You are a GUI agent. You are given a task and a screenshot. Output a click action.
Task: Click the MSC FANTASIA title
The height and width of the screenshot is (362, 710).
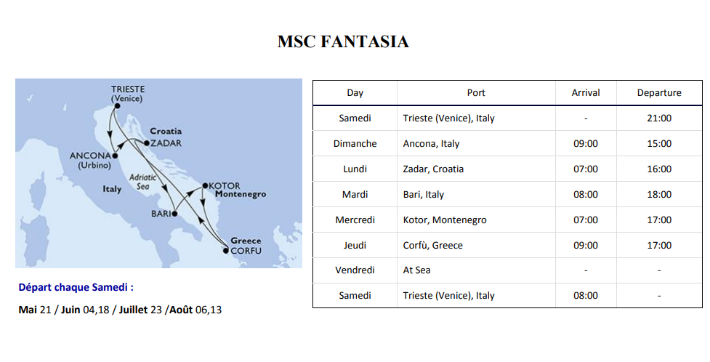[x=343, y=41]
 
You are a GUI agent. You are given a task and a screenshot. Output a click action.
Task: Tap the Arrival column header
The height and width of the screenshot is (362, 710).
[x=586, y=93]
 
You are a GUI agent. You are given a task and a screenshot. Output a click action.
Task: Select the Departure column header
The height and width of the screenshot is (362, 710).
[x=659, y=93]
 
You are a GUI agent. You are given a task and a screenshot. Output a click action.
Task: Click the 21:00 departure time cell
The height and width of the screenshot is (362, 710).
[x=659, y=118]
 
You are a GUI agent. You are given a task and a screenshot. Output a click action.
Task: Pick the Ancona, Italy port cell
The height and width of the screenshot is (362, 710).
[x=431, y=144]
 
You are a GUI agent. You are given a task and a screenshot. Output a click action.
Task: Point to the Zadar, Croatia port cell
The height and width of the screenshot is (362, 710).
[x=433, y=169]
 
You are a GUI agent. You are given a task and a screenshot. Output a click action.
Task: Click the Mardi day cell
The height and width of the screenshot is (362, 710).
[x=355, y=194]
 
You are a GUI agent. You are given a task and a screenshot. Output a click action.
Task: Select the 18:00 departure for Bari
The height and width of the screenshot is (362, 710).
[x=659, y=194]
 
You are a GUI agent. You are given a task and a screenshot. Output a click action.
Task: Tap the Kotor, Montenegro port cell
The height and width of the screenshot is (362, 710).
[x=445, y=220]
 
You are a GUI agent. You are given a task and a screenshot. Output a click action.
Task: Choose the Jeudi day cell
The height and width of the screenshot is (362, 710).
[x=355, y=245]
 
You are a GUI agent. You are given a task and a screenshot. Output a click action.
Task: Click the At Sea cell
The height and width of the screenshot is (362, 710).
[x=416, y=270]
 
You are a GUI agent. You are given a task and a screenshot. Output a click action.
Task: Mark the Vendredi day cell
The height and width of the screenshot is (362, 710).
[x=355, y=270]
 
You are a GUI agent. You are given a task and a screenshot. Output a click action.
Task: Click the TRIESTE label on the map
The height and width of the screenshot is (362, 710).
[x=128, y=89]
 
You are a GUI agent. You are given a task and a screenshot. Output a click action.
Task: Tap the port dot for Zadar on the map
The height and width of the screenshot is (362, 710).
[x=146, y=143]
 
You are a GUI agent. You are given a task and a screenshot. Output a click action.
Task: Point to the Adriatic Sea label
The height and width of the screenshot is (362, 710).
[x=142, y=182]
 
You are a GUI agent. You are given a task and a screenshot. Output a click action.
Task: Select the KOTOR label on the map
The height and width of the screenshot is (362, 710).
[x=225, y=186]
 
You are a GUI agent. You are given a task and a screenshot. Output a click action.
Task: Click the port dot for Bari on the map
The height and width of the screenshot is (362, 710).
[x=174, y=214]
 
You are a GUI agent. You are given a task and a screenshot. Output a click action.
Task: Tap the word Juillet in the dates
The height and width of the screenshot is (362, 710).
[x=133, y=310]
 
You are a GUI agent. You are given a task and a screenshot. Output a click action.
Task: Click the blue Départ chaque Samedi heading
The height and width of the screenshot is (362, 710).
[x=76, y=287]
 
